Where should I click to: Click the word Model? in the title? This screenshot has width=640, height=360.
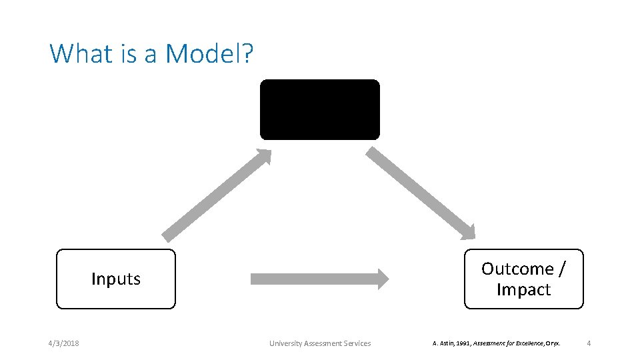pyautogui.click(x=209, y=53)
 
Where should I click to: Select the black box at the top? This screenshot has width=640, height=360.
pyautogui.click(x=319, y=109)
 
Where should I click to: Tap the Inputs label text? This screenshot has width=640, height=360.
pyautogui.click(x=116, y=279)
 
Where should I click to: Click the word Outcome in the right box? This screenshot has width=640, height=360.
pyautogui.click(x=518, y=269)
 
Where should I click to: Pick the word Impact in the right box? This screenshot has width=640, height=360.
pyautogui.click(x=523, y=289)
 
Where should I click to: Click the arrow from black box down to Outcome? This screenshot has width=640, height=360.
pyautogui.click(x=421, y=193)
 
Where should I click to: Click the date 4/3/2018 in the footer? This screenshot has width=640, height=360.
pyautogui.click(x=63, y=343)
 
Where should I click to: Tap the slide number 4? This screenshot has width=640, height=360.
pyautogui.click(x=589, y=343)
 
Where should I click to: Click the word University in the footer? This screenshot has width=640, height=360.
pyautogui.click(x=285, y=343)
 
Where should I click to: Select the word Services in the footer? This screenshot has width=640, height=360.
pyautogui.click(x=356, y=343)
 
